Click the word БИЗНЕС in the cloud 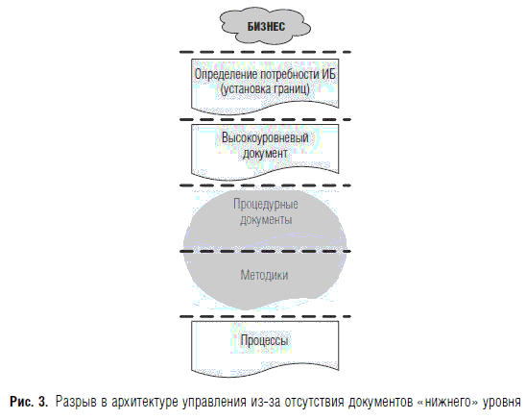(266, 26)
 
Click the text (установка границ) (265, 89)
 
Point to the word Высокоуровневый (265, 137)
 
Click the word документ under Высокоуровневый (265, 154)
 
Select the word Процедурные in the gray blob (266, 204)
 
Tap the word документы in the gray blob (266, 220)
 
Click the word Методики (264, 275)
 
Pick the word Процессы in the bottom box (264, 340)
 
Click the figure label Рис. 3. (29, 401)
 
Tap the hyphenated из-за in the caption (265, 402)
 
